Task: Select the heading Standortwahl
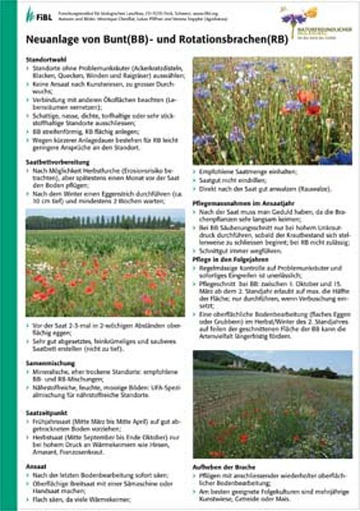coord(49,59)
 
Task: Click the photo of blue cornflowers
coord(271,111)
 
